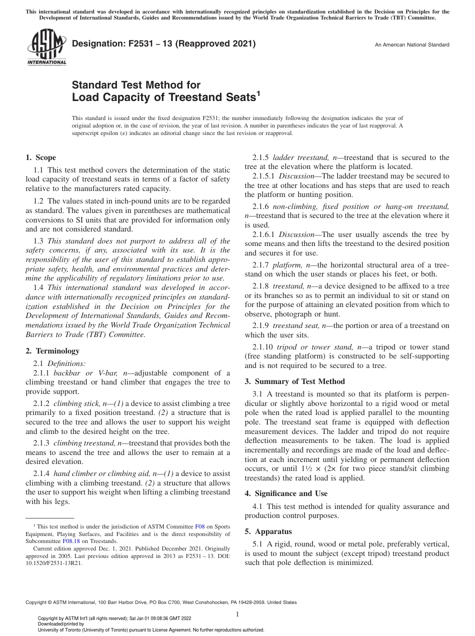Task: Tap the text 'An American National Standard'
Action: click(412, 45)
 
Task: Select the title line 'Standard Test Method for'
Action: click(136, 85)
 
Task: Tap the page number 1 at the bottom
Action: click(237, 613)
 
